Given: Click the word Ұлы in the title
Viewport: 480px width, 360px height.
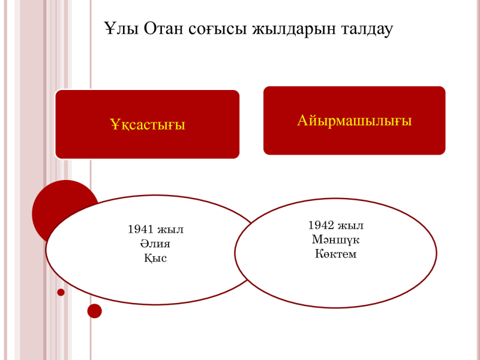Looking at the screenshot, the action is [x=121, y=28].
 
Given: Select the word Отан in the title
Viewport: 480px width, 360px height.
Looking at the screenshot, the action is [x=163, y=28].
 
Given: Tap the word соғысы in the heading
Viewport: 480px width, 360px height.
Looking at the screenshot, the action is [x=217, y=29].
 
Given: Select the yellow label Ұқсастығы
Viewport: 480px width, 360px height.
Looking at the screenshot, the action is [x=148, y=124].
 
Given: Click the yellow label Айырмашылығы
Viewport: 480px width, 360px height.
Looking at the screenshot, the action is [x=354, y=121].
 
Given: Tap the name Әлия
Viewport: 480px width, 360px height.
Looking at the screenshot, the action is [x=155, y=244].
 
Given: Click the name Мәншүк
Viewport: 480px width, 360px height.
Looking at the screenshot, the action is [x=335, y=239].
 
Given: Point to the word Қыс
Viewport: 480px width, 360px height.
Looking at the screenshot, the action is [x=155, y=258].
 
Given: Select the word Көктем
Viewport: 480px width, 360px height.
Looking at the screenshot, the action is [x=336, y=254].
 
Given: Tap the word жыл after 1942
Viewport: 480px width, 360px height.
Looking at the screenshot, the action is [x=350, y=226].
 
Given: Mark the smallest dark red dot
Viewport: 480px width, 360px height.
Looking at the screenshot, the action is [x=61, y=292].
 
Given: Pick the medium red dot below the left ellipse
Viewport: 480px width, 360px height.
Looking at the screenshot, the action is [x=95, y=311].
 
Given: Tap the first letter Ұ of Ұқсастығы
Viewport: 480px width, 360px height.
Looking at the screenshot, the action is [x=114, y=124].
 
